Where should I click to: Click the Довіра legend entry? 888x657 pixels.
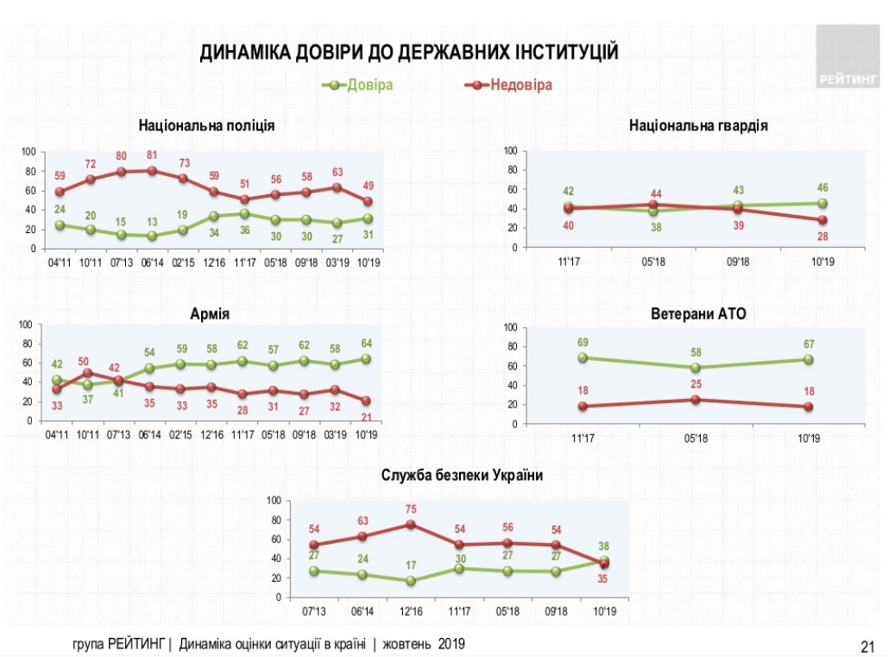click(x=368, y=85)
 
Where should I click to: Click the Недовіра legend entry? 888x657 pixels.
click(x=520, y=85)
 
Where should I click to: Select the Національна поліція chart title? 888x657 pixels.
click(x=207, y=125)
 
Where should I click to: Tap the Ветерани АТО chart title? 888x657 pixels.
click(x=698, y=314)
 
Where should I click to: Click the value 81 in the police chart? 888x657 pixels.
click(x=153, y=155)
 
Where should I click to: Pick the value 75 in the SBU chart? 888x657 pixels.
click(x=411, y=509)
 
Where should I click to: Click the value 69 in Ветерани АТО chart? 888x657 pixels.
click(x=583, y=342)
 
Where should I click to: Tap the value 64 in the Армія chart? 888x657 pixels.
click(x=366, y=344)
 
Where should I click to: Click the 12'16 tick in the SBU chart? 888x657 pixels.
click(x=411, y=611)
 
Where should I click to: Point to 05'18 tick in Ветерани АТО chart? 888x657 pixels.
click(x=696, y=438)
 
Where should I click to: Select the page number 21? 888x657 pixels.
click(x=867, y=645)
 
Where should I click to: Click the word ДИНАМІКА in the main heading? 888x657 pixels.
click(x=245, y=53)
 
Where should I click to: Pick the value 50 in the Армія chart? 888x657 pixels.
click(x=85, y=361)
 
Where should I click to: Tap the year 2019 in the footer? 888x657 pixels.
click(x=451, y=644)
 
